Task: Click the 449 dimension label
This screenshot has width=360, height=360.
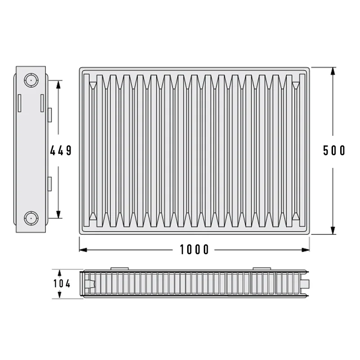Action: [x=61, y=151]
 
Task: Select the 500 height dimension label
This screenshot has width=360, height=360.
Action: [x=334, y=151]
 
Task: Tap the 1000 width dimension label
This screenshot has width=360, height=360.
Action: [x=194, y=250]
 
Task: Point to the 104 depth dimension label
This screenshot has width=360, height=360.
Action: [x=62, y=284]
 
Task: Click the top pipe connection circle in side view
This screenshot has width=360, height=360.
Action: [x=31, y=81]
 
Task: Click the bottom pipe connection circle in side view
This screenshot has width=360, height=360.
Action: [x=31, y=218]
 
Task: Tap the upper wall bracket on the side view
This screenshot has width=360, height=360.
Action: [x=49, y=115]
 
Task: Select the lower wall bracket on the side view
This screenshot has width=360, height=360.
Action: [x=49, y=184]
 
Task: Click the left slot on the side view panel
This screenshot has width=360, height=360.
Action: [x=19, y=103]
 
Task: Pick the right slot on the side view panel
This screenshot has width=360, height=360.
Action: [x=42, y=103]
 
